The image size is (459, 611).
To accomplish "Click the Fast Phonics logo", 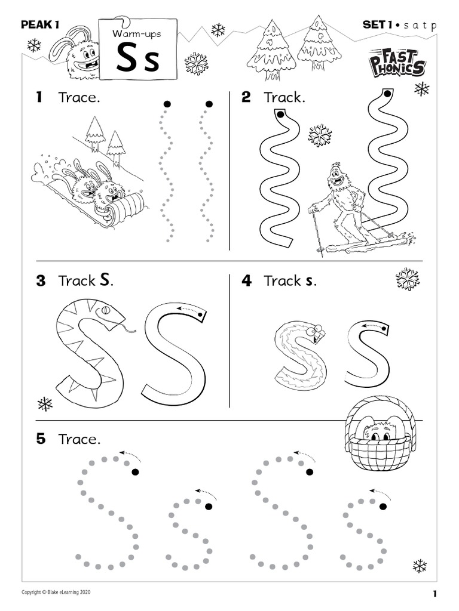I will (397, 62).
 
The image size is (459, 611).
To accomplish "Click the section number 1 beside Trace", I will (39, 97).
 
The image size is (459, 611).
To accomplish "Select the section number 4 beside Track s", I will (246, 280).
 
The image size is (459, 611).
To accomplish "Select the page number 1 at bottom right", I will (435, 593).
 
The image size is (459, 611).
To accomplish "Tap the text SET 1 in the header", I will (379, 24).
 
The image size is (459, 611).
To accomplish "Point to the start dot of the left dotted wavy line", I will (167, 104).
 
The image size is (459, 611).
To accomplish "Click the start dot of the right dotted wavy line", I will (209, 104).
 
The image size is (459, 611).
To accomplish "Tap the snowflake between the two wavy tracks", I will (320, 135).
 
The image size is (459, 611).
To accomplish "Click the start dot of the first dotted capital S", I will (135, 473).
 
